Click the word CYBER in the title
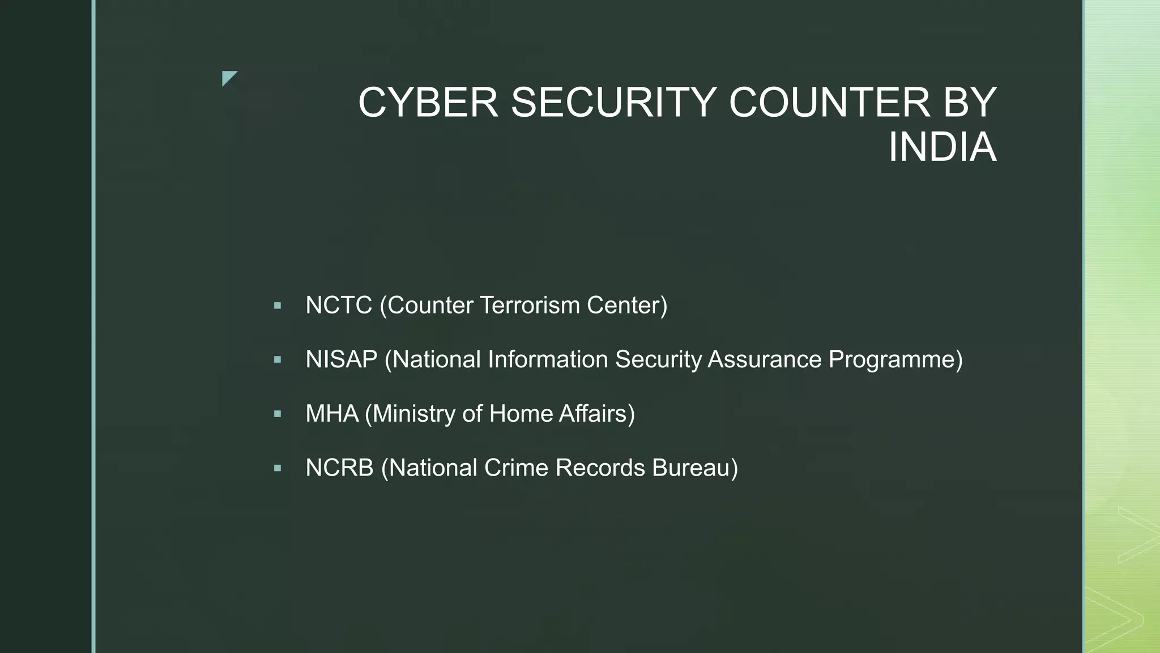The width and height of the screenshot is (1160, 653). tap(428, 103)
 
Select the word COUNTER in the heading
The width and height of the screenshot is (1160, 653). tap(829, 103)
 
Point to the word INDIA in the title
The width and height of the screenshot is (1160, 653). tap(942, 148)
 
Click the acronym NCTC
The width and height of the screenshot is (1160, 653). tap(339, 306)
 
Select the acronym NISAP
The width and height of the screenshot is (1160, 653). tap(342, 359)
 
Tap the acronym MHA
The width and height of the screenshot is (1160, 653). tap(332, 414)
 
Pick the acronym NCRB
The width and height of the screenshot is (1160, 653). tap(340, 468)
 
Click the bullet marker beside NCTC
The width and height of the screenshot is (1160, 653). tap(277, 306)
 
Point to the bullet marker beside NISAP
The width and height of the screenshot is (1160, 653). tap(277, 360)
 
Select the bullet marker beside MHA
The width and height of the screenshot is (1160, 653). tap(277, 414)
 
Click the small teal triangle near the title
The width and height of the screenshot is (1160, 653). tap(228, 78)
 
